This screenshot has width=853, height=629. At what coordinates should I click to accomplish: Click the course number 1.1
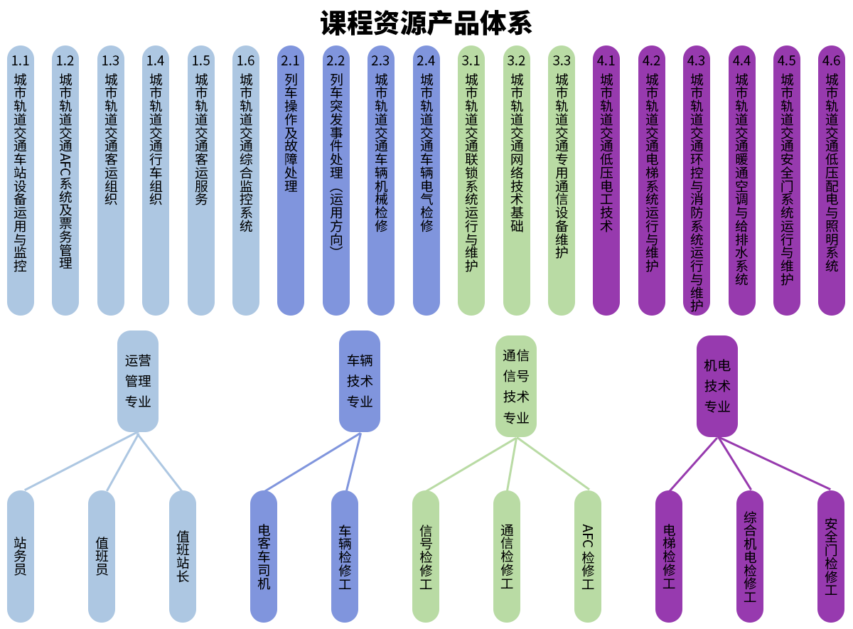21,61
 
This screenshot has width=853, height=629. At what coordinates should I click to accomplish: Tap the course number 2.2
336,61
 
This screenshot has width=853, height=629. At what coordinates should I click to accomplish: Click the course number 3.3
562,61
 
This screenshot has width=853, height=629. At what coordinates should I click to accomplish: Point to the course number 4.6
831,61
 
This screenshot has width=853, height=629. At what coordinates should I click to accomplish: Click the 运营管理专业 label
138,381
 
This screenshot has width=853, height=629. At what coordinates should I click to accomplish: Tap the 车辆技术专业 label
360,381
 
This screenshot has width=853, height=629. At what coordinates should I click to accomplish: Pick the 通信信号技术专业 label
516,386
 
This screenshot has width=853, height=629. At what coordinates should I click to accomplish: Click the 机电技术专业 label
717,386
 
